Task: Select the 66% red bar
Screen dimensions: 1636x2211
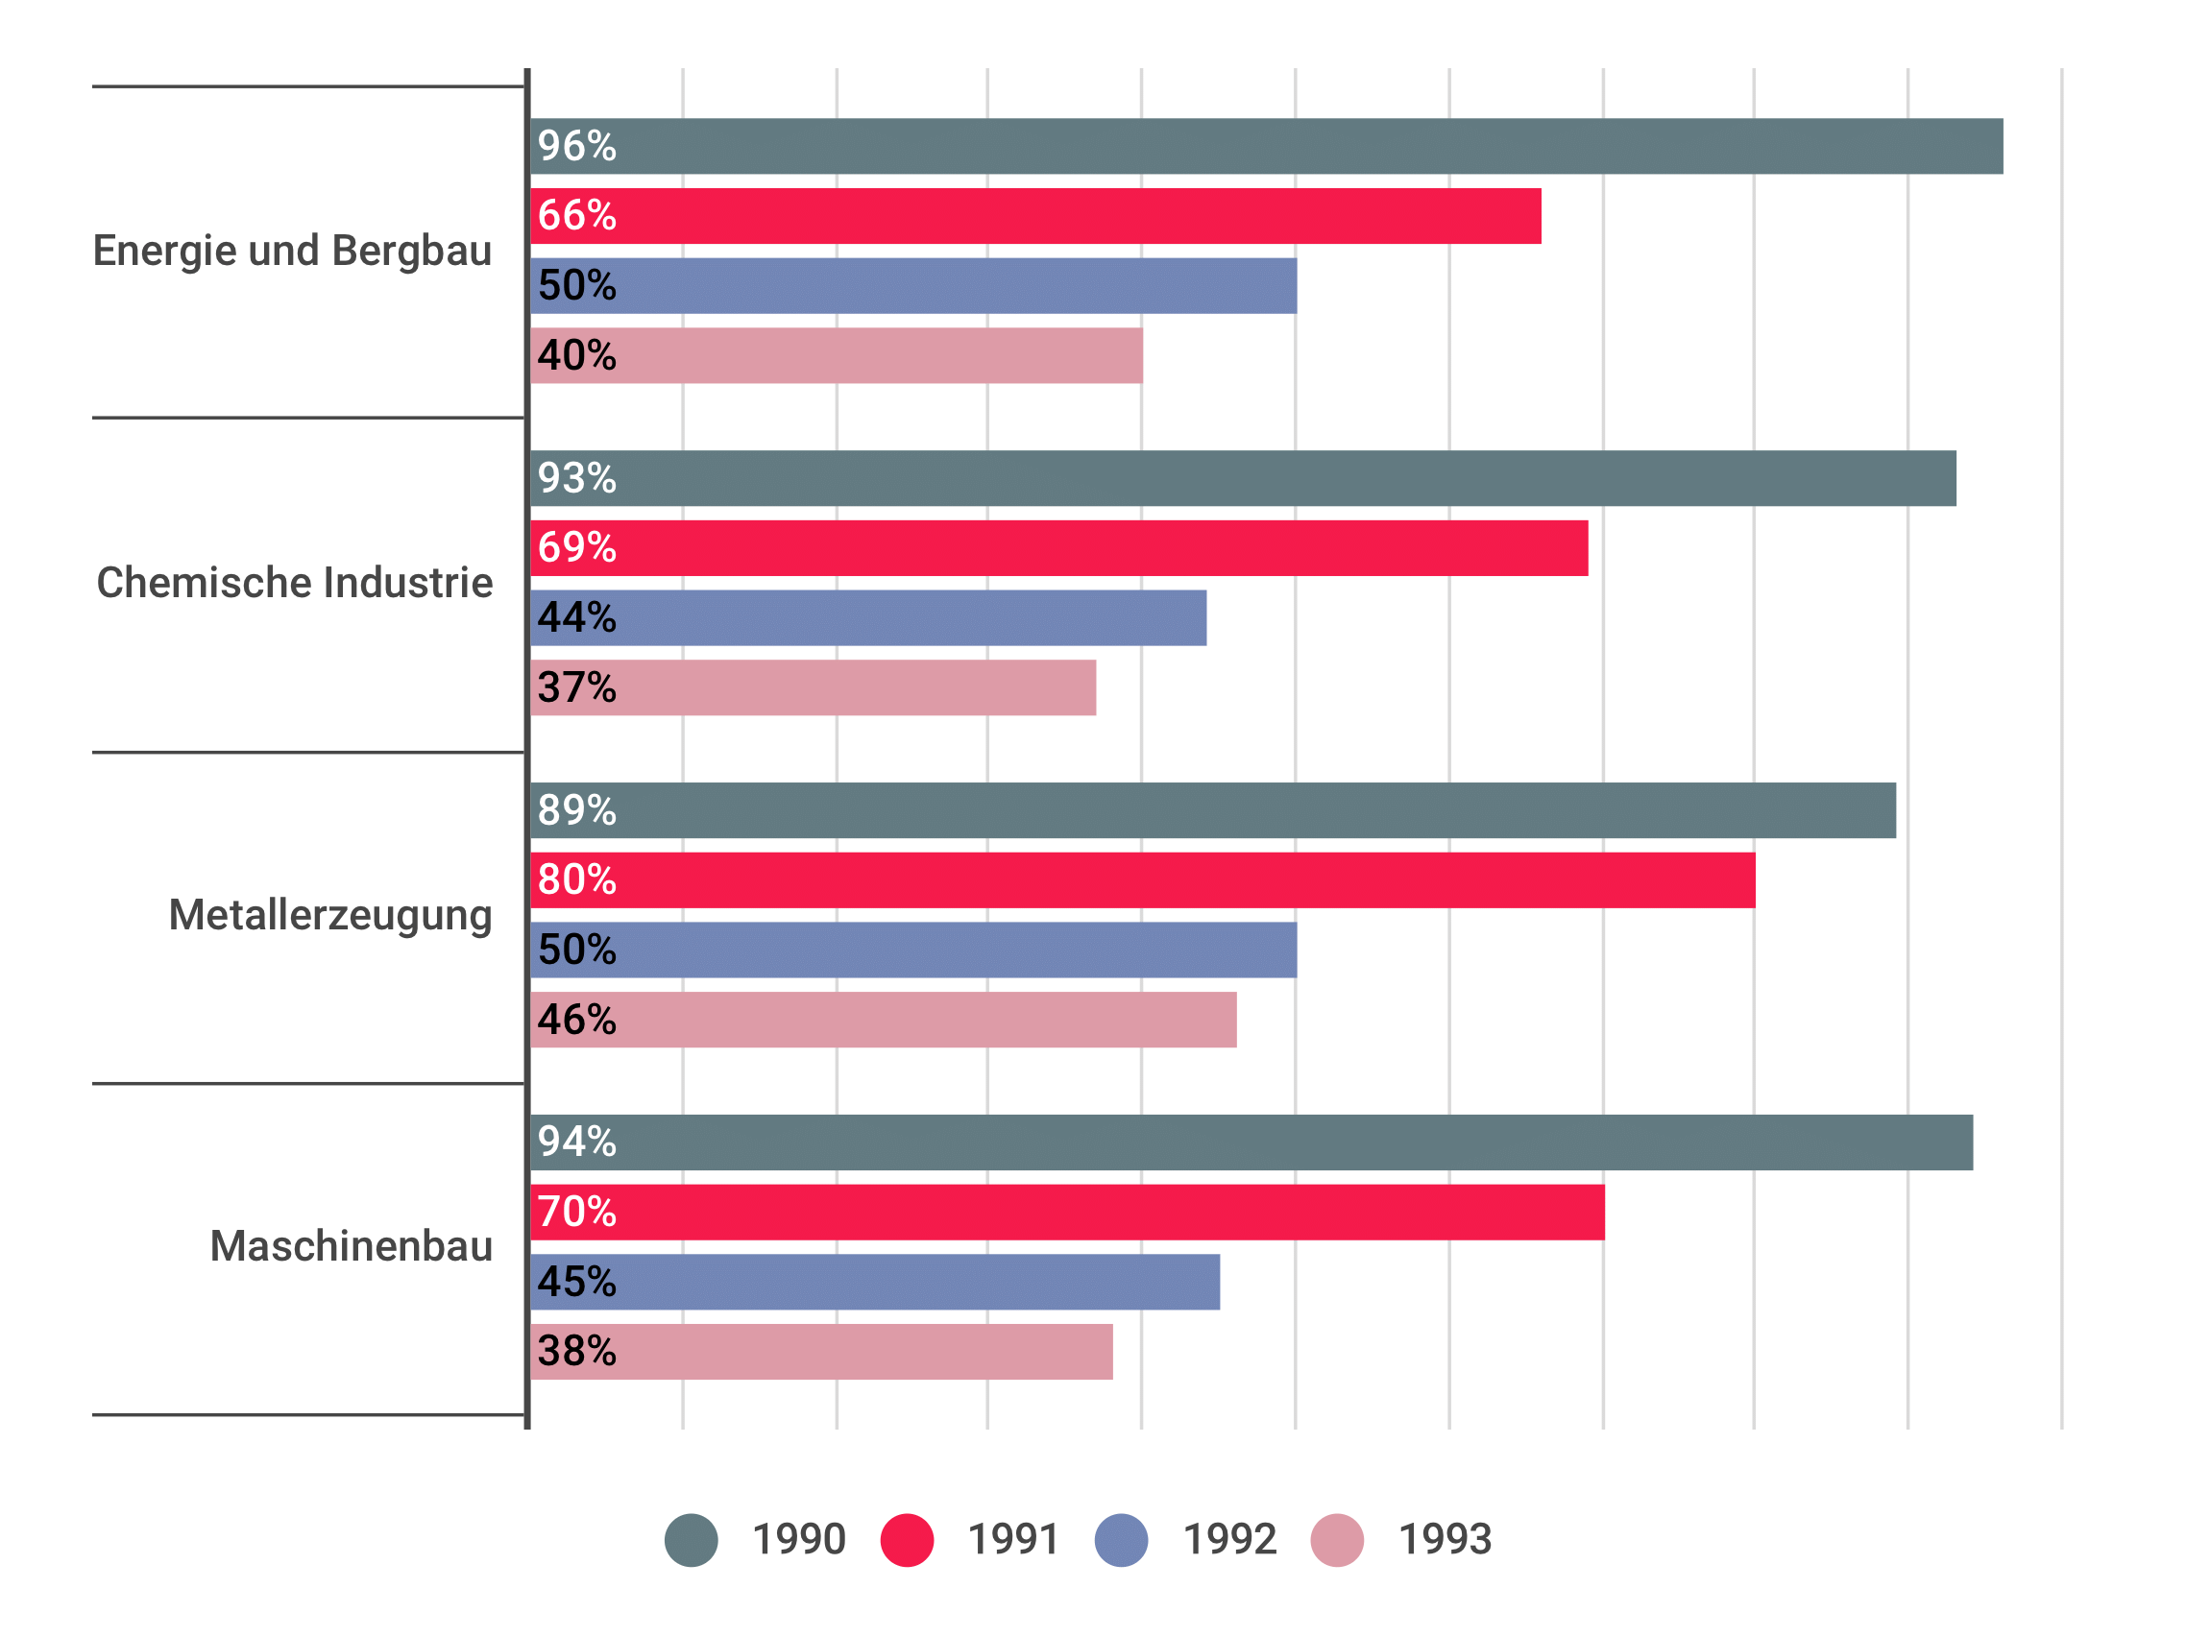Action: (1036, 216)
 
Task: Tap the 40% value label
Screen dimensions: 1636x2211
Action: (576, 355)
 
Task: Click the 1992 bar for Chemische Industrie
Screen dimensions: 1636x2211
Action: (869, 618)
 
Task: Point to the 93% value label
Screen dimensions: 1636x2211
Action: (576, 478)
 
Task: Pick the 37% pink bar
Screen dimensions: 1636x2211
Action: (814, 687)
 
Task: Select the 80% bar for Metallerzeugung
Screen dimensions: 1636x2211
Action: (1143, 880)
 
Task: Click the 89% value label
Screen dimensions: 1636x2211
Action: (576, 810)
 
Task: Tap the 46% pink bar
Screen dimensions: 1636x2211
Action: (884, 1020)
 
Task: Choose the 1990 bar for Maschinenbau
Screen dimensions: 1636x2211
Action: (1252, 1143)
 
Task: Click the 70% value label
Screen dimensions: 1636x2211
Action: (576, 1213)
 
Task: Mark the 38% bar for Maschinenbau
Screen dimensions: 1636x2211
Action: (822, 1352)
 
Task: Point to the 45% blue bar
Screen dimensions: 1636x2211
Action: (876, 1283)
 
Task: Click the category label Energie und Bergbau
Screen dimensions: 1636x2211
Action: (292, 251)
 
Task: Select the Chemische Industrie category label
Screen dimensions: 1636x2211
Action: (294, 583)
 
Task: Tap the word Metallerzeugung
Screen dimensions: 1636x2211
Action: (329, 915)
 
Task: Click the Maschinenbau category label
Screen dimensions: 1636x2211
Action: (351, 1246)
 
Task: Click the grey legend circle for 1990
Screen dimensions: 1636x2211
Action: (692, 1540)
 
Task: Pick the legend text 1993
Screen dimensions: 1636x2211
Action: (1445, 1540)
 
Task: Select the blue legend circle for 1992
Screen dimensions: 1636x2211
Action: (1122, 1540)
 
